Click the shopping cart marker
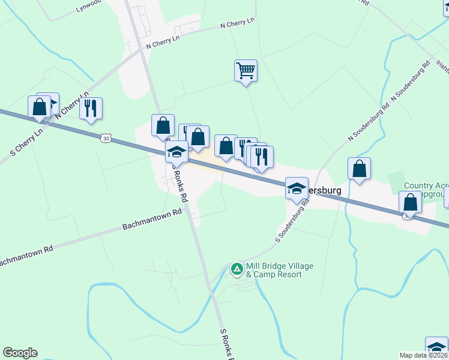[x=246, y=71]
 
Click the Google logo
[x=20, y=353]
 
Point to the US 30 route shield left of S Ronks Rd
[x=106, y=138]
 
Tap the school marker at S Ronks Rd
[x=177, y=152]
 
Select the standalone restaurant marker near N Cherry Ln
[x=91, y=109]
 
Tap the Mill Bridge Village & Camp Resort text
[x=279, y=270]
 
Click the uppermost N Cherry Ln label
[x=238, y=23]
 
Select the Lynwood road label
[x=90, y=6]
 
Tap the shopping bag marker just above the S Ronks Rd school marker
[x=163, y=126]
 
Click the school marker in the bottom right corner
[x=436, y=348]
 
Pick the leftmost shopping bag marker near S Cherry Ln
[x=40, y=107]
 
